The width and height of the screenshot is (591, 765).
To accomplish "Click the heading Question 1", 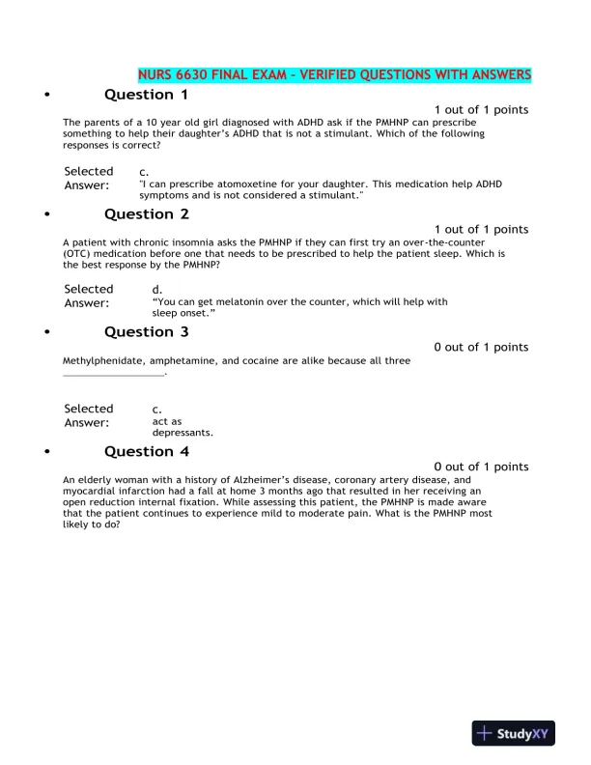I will [x=146, y=95].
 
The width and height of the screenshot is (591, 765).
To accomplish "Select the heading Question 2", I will [x=146, y=214].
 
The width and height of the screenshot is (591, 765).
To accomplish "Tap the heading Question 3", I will [x=146, y=332].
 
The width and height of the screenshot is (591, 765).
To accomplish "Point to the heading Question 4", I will [x=146, y=451].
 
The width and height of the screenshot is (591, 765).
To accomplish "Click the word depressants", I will [x=183, y=433].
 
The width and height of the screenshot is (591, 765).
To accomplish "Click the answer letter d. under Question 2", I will [x=157, y=289].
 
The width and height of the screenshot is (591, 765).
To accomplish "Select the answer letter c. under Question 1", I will [x=144, y=171].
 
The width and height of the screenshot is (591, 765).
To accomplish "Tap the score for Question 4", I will [x=481, y=467].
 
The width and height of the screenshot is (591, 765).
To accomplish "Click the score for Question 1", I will [x=481, y=110].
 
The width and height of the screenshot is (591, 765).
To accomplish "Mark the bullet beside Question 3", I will [x=47, y=333].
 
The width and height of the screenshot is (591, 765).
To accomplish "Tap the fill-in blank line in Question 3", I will [x=114, y=373].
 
